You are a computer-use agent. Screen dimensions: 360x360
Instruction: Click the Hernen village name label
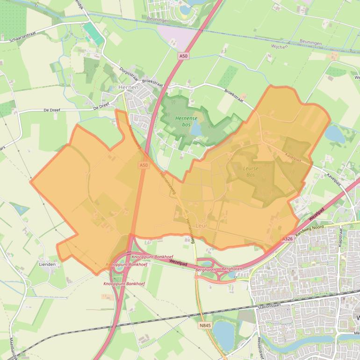[128, 87]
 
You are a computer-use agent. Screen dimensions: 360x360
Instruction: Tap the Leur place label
[202, 225]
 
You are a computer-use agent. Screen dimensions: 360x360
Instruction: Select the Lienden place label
[47, 264]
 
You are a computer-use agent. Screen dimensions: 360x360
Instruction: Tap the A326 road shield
[288, 239]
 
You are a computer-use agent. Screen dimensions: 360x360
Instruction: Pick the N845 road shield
[204, 325]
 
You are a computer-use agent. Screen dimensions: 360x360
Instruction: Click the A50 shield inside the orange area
[143, 166]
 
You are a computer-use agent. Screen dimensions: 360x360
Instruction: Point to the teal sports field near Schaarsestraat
[93, 33]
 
